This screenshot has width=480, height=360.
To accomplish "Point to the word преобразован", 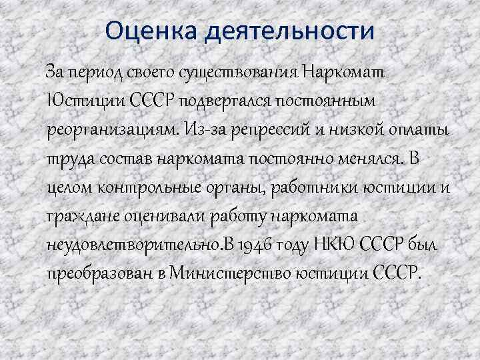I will pos(106,275).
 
